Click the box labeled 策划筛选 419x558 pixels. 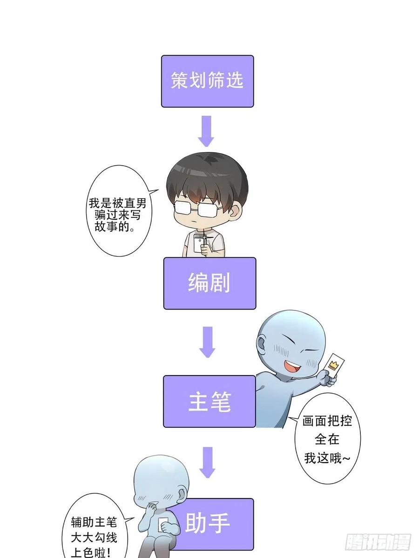pyautogui.click(x=207, y=81)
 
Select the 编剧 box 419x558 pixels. pyautogui.click(x=209, y=283)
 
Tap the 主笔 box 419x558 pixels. pyautogui.click(x=209, y=401)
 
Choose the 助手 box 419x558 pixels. pyautogui.click(x=212, y=524)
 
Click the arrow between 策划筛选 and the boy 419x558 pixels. pyautogui.click(x=206, y=131)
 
